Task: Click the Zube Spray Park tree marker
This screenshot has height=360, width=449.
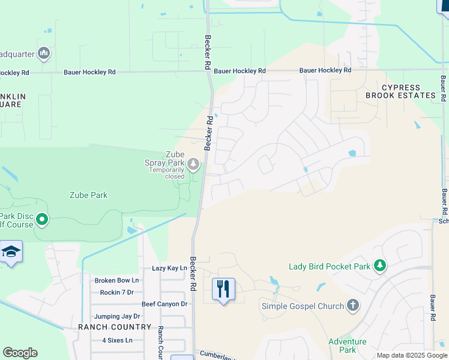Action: click(193, 163)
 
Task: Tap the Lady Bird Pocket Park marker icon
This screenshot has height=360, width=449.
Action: click(379, 265)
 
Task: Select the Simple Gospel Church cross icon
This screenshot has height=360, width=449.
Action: click(353, 306)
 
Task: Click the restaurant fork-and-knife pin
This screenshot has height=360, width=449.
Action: click(223, 289)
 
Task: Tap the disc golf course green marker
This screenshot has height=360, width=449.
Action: click(41, 220)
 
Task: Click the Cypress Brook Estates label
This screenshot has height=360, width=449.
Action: click(400, 91)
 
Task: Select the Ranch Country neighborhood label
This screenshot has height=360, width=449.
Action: click(115, 327)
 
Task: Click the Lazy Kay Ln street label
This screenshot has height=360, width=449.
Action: click(169, 268)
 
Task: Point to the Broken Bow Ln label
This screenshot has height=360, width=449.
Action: click(116, 280)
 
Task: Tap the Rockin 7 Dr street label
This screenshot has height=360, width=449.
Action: click(116, 292)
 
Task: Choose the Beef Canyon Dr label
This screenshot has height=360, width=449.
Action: click(164, 304)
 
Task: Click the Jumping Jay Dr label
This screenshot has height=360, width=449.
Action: click(116, 316)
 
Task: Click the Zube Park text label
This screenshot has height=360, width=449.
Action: click(88, 195)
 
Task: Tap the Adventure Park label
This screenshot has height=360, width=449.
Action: click(347, 346)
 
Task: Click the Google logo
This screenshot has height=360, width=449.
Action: click(20, 353)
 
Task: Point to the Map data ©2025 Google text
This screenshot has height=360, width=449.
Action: click(412, 355)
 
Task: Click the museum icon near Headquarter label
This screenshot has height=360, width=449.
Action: click(43, 54)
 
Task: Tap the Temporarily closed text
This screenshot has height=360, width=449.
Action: click(167, 173)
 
